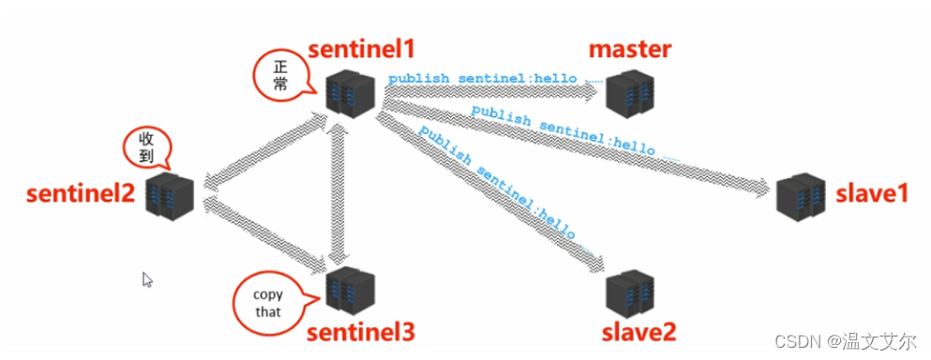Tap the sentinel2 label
point(80,195)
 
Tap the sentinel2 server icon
point(171,195)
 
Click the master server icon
point(627,92)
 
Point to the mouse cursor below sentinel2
point(147,279)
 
